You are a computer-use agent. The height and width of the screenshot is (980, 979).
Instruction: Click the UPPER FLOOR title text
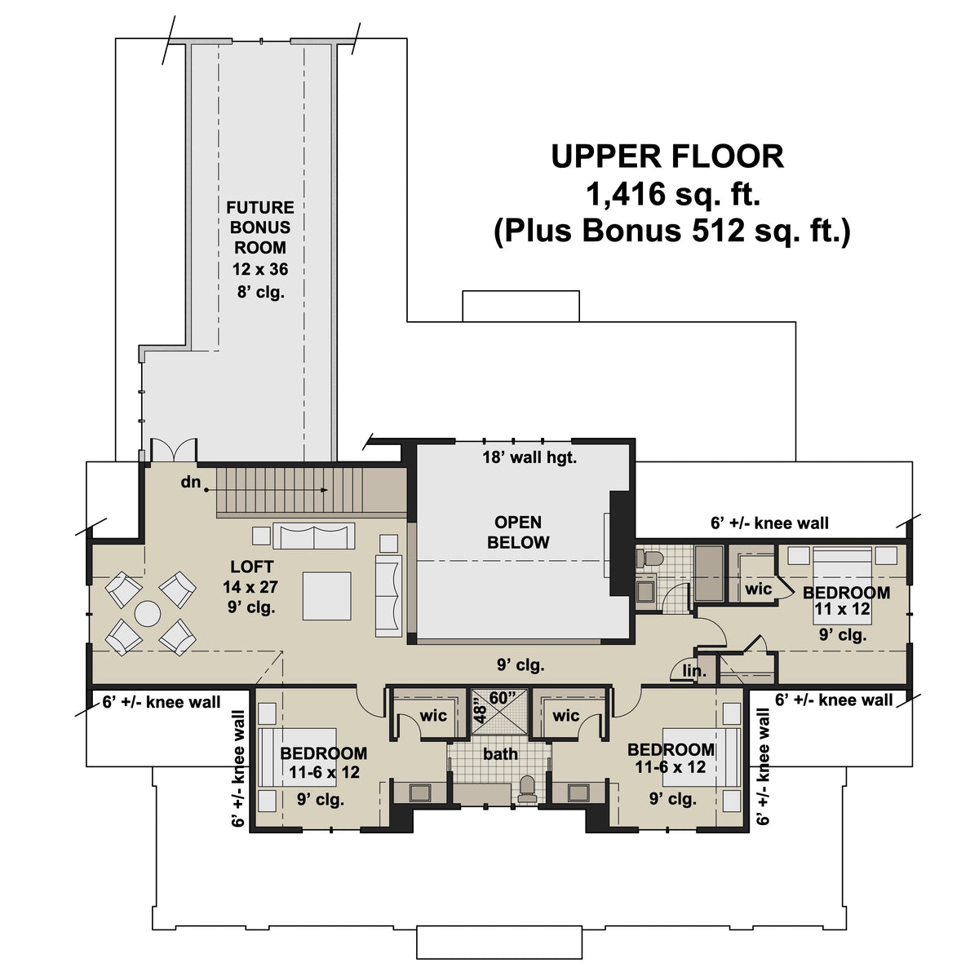(x=667, y=156)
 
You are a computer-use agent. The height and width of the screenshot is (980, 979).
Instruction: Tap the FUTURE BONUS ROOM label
(x=259, y=227)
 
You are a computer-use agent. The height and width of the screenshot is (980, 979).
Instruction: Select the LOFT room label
(x=251, y=567)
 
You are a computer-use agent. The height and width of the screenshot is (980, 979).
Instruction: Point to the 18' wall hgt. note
(x=529, y=457)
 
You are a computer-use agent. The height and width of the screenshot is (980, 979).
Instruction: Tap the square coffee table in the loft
(x=326, y=596)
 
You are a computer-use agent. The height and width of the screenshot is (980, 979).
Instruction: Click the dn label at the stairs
(x=191, y=482)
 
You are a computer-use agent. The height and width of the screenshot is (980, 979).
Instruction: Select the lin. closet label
(x=694, y=671)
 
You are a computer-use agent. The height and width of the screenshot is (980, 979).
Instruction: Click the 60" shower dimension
(x=503, y=698)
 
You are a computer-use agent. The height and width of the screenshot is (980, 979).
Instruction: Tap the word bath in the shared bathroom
(x=500, y=754)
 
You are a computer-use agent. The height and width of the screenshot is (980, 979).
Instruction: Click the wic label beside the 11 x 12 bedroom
(x=758, y=588)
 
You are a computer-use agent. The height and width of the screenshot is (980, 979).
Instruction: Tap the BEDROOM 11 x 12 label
(x=846, y=600)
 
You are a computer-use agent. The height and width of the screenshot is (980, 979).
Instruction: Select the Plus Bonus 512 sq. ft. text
(x=671, y=231)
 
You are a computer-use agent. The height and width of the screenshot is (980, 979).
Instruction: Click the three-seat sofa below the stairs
(x=314, y=536)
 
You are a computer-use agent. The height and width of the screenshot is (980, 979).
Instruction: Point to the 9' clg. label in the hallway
(x=521, y=665)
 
